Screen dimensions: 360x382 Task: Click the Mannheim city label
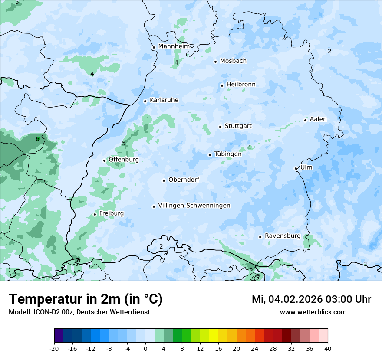click(x=174, y=46)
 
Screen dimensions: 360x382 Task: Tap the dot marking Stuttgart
click(x=220, y=127)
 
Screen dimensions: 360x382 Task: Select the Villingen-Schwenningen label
click(x=194, y=206)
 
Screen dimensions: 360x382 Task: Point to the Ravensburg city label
click(x=283, y=236)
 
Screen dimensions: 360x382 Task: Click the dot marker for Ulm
click(x=296, y=168)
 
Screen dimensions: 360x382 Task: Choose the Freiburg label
click(x=111, y=213)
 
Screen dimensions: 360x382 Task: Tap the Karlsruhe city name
click(x=164, y=100)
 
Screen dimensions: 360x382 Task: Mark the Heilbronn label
click(x=241, y=85)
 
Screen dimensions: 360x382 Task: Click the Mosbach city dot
click(x=215, y=62)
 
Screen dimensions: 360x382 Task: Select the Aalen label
click(x=318, y=119)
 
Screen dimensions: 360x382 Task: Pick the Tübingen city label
click(x=228, y=154)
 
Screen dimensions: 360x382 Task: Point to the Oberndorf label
click(x=184, y=180)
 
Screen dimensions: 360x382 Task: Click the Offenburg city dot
click(x=104, y=160)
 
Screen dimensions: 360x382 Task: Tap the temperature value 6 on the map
click(x=37, y=139)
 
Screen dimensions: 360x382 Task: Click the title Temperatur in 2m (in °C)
click(x=86, y=299)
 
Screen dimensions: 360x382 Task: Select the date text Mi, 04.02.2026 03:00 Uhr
click(x=311, y=299)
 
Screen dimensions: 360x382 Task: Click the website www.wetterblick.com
click(x=313, y=312)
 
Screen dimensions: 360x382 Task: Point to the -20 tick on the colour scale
click(x=54, y=349)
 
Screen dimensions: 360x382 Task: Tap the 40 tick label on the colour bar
click(x=328, y=349)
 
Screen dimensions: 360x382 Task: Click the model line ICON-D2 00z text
click(x=79, y=312)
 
